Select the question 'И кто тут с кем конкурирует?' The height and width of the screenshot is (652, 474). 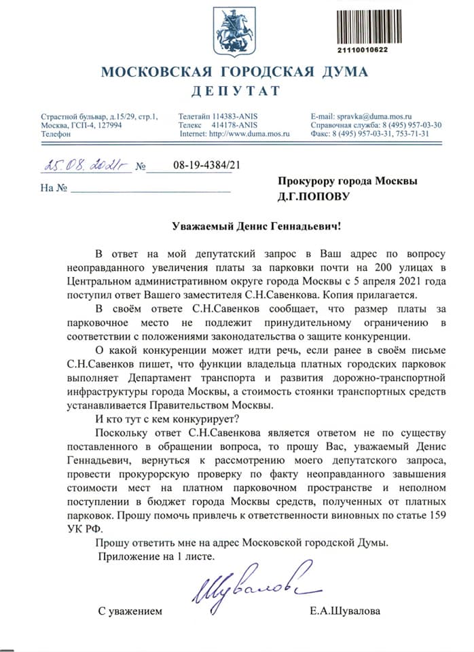(x=164, y=418)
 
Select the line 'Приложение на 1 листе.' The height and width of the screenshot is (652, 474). (x=156, y=557)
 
